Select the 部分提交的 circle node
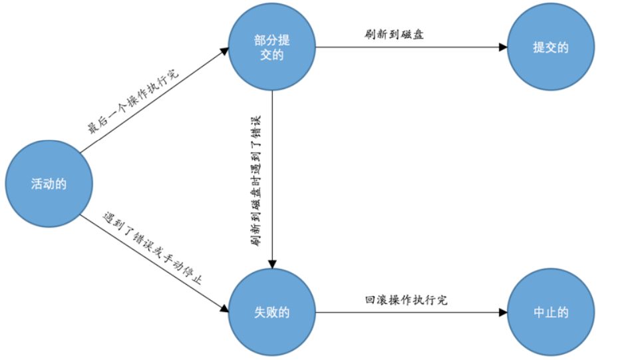tap(272, 47)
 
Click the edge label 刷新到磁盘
tap(394, 34)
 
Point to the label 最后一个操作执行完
tap(134, 100)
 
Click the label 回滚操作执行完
tap(406, 300)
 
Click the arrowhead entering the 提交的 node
tap(503, 48)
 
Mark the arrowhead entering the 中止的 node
tap(503, 312)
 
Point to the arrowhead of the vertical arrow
tap(272, 264)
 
